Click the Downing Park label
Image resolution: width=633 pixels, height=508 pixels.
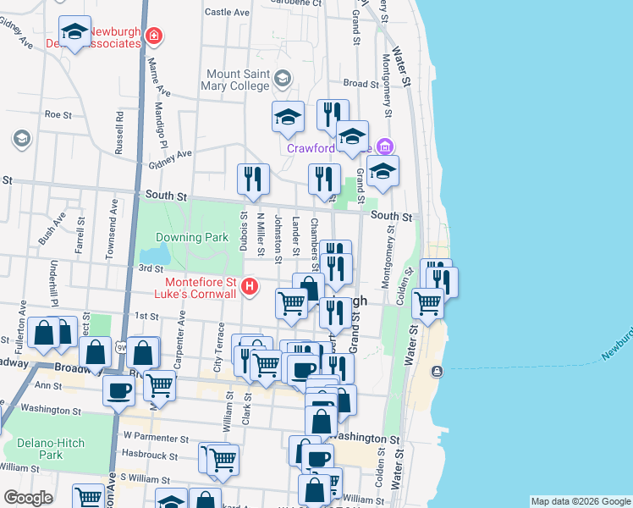pos(193,238)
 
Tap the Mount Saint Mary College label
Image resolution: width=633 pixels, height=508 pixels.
pos(236,79)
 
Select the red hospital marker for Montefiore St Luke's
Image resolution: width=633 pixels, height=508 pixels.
pos(250,288)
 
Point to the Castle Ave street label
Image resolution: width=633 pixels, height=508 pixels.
pos(227,13)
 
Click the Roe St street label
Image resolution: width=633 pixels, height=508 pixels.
pos(57,113)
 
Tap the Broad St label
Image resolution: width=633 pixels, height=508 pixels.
pos(361,84)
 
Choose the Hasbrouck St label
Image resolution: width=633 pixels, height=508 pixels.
pos(151,456)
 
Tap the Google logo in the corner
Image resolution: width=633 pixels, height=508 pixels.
pos(28,498)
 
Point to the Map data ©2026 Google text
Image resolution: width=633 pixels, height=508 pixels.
pos(581,502)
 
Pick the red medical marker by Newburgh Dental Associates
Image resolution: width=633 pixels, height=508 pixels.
pos(154,36)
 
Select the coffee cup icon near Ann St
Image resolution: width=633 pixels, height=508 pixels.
pos(119,389)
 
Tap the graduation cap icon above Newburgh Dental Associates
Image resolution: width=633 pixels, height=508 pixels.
pos(74,33)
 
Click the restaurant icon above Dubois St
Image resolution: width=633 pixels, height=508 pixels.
pos(253,178)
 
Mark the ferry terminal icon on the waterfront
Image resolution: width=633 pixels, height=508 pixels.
pos(437,372)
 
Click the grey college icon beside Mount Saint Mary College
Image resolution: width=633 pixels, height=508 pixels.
pos(282,80)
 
